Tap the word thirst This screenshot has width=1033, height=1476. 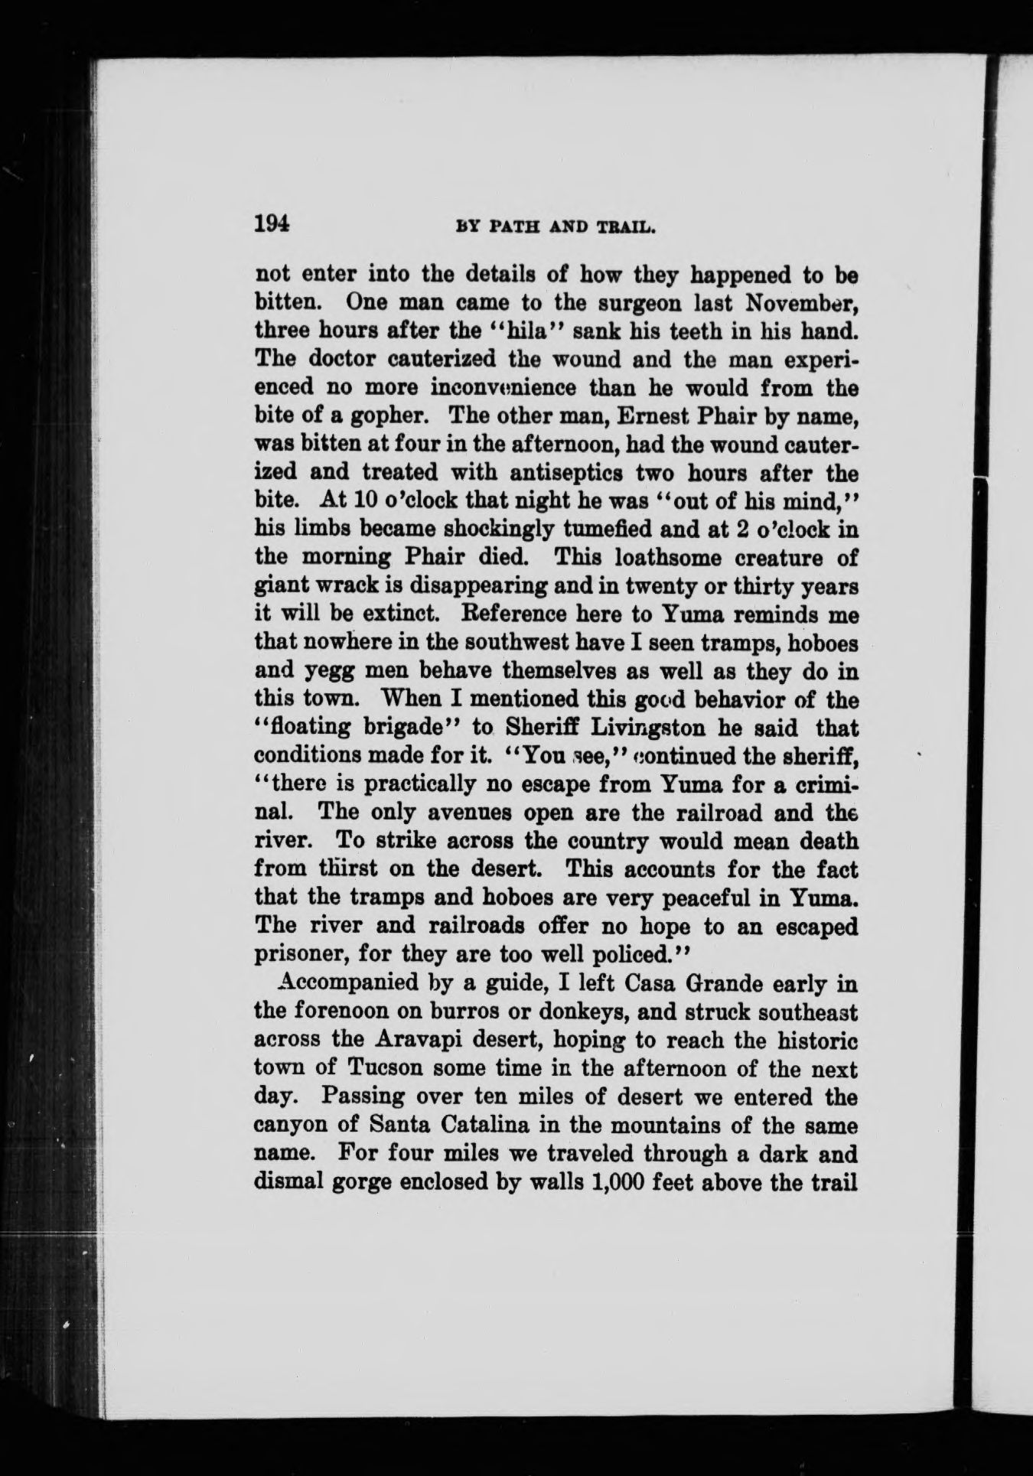point(341,869)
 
